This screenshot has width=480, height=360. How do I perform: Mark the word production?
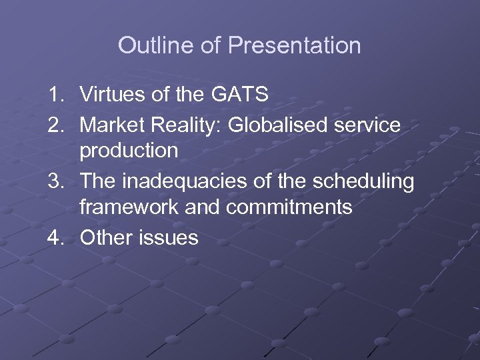(129, 151)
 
